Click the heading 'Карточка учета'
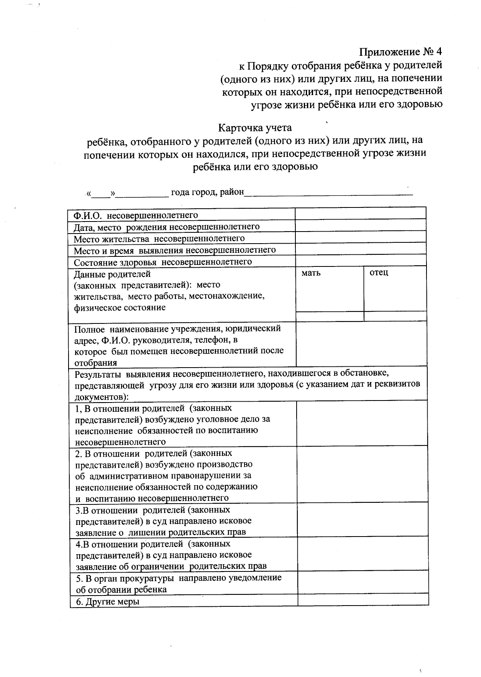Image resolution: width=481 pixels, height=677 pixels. click(x=255, y=128)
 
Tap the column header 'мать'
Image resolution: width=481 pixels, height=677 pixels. click(x=311, y=273)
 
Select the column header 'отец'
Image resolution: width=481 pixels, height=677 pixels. click(x=379, y=273)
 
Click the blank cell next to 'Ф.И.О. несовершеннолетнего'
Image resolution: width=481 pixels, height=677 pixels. click(x=360, y=213)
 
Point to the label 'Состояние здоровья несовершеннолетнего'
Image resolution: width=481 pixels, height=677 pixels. click(x=163, y=262)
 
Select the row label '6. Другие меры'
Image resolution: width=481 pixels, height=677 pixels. click(x=107, y=602)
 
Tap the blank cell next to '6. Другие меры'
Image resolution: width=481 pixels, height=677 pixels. click(x=363, y=600)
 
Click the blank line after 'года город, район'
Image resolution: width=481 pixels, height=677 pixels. click(x=329, y=193)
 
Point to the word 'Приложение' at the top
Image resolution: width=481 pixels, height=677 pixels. click(x=388, y=52)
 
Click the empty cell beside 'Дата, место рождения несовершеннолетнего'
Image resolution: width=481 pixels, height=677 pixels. click(x=360, y=226)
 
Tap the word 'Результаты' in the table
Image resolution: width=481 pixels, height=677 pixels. click(x=98, y=374)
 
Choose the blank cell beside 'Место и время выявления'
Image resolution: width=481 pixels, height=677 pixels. click(x=360, y=249)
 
